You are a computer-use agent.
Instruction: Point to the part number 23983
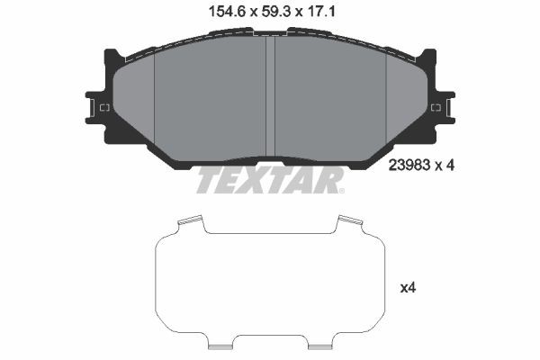(x=408, y=165)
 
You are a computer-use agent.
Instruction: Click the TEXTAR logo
(x=269, y=181)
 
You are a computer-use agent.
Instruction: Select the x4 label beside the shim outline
(x=408, y=288)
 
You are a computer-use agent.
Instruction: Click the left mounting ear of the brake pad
(x=97, y=107)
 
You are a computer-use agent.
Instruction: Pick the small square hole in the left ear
(x=104, y=108)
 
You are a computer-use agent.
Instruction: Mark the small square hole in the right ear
(x=436, y=108)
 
